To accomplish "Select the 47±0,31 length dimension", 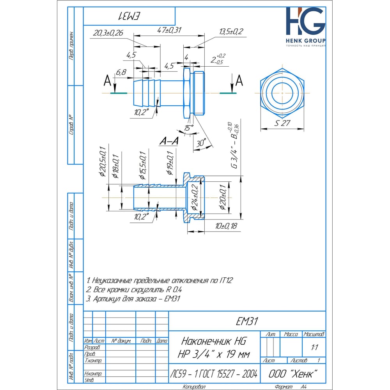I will coord(170,30).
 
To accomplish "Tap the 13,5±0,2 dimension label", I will coord(232,31).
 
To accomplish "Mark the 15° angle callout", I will coord(189,128).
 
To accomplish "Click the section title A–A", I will coord(169,142).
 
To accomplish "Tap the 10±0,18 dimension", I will coord(226,226).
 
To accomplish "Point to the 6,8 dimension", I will coord(121,72).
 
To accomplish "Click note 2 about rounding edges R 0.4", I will coord(134,289).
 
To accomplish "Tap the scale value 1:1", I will coord(314,347).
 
